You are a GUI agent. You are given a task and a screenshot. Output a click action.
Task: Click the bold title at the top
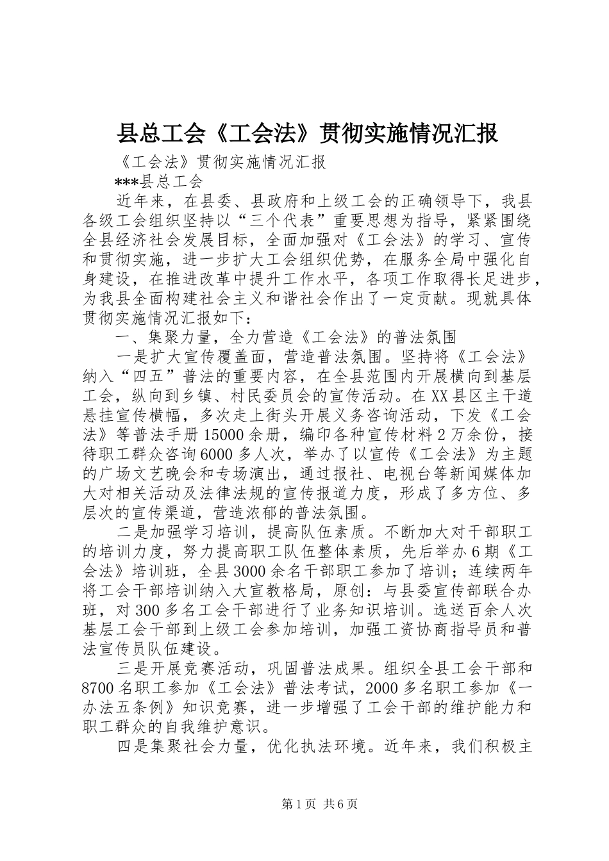pyautogui.click(x=307, y=134)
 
